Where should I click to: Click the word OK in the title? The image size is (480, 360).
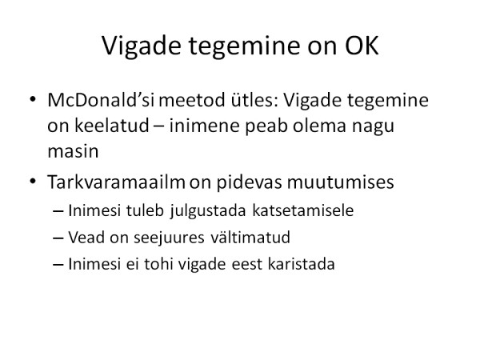point(362,46)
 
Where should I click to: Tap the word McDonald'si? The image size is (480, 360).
point(101,100)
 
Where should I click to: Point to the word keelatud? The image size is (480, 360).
point(111,126)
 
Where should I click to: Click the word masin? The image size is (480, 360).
point(73,151)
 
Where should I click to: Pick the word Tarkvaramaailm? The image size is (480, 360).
point(116,182)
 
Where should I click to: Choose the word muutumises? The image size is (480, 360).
point(340,182)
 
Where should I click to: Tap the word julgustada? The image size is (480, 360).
point(208,211)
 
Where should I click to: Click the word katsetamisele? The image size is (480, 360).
point(303,210)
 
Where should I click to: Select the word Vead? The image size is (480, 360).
point(86,238)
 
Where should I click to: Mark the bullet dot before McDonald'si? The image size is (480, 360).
point(33,99)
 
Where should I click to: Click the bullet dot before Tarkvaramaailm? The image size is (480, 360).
point(33,181)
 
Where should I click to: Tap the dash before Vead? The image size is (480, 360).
point(58,238)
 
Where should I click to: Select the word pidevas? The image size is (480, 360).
point(249,182)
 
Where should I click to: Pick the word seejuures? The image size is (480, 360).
point(169,238)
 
